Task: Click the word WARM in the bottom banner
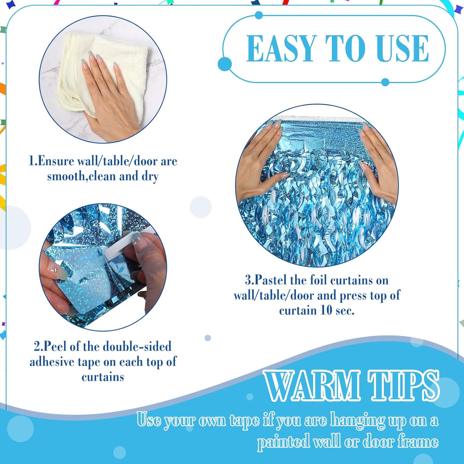click(312, 385)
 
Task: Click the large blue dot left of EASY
click(225, 64)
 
